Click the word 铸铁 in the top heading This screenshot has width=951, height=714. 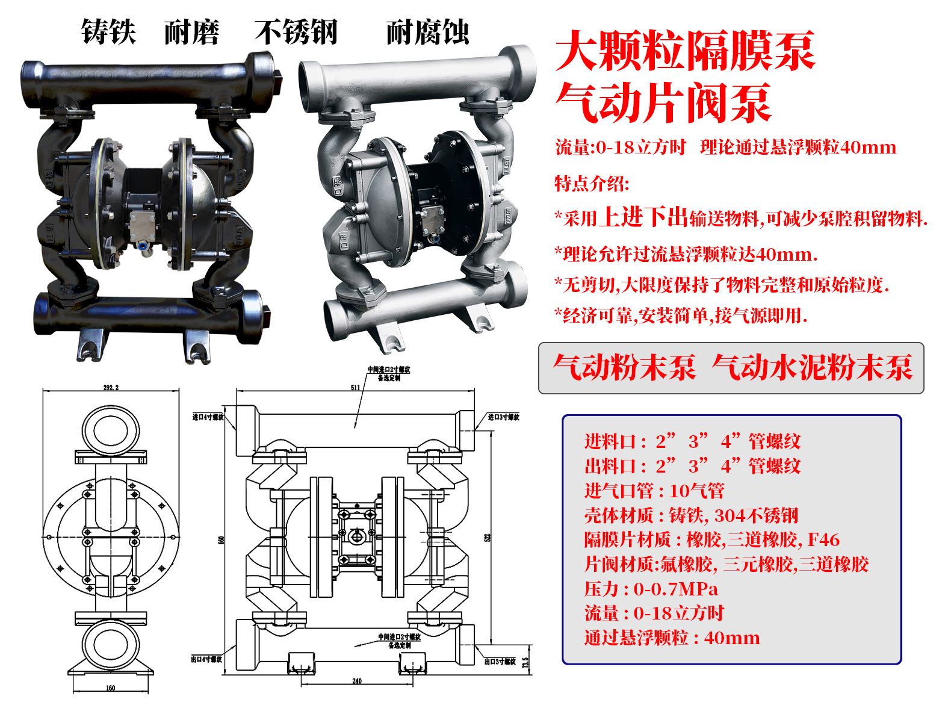[x=108, y=32]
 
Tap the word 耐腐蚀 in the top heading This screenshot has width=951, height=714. [x=427, y=32]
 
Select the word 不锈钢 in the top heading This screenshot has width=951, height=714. [x=296, y=32]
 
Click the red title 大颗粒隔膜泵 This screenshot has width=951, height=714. [x=685, y=51]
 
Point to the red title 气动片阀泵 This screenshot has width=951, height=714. [x=663, y=103]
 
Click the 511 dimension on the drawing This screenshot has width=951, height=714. [x=355, y=387]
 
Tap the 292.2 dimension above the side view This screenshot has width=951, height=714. [x=111, y=387]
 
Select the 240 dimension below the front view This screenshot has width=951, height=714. [x=356, y=681]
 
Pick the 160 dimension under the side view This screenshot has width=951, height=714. [x=110, y=688]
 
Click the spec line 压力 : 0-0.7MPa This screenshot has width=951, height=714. [x=651, y=589]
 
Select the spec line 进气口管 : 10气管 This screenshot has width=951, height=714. [x=654, y=491]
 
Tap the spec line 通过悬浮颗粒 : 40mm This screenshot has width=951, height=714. [x=672, y=638]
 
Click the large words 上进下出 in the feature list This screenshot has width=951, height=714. [x=643, y=217]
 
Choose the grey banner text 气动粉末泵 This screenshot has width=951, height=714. [x=624, y=367]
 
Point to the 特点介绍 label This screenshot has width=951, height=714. [x=591, y=183]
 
